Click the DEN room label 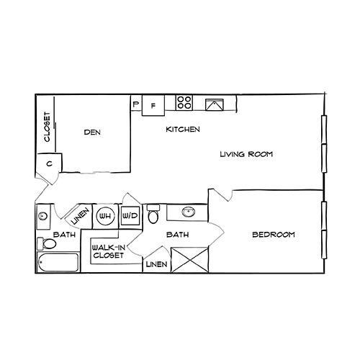(x=91, y=132)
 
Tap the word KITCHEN (x=183, y=130)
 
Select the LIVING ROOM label (x=247, y=154)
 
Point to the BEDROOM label (x=274, y=235)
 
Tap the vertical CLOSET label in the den (x=47, y=127)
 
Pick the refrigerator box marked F (x=153, y=105)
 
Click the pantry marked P (x=136, y=104)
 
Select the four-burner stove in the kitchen (x=184, y=103)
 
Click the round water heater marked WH (x=106, y=215)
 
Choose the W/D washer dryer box (x=130, y=215)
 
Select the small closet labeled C (x=49, y=163)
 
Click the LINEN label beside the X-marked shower (x=156, y=264)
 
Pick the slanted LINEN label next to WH (x=81, y=215)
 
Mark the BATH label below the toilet (x=176, y=235)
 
